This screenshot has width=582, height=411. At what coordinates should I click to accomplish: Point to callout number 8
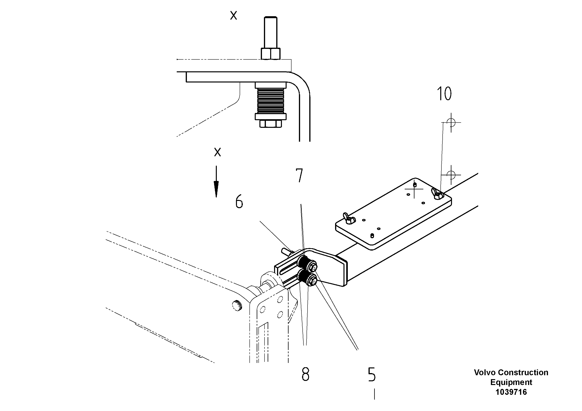click(305, 374)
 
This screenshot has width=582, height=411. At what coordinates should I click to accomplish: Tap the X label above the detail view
click(233, 15)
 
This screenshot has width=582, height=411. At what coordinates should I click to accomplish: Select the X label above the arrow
click(217, 152)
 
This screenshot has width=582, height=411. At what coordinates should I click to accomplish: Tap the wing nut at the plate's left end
click(349, 219)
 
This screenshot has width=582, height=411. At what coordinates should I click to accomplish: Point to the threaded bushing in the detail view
click(270, 101)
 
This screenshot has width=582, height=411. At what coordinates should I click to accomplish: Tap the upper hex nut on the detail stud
click(270, 54)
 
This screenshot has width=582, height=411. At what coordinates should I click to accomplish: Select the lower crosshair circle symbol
click(451, 175)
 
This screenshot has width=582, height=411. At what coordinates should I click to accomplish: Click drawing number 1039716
click(511, 392)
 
